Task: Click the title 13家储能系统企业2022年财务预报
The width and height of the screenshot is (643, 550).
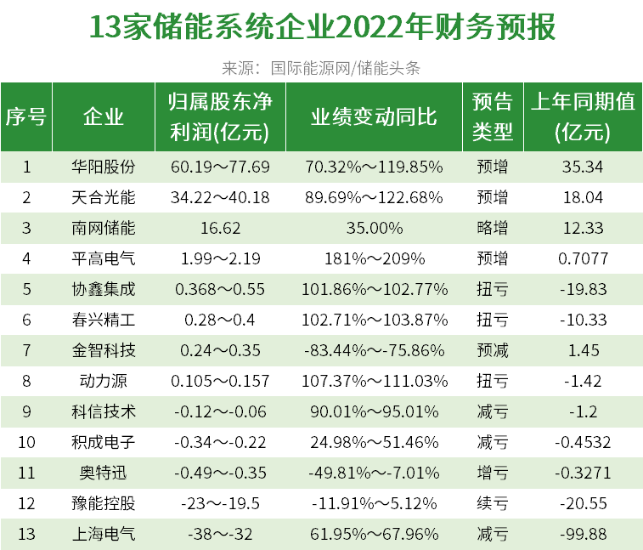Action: [321, 27]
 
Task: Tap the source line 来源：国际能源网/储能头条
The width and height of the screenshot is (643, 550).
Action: [321, 68]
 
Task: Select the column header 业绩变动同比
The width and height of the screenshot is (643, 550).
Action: [374, 117]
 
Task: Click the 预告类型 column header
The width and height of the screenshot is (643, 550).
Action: [493, 117]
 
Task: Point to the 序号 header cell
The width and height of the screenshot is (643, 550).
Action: [26, 117]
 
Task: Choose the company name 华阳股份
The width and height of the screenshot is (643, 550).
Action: [104, 167]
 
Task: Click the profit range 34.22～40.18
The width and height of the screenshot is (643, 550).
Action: [220, 197]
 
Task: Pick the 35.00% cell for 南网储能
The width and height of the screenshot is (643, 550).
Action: [374, 228]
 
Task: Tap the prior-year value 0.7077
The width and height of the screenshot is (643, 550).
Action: [583, 258]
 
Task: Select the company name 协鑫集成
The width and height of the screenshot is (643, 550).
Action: [104, 289]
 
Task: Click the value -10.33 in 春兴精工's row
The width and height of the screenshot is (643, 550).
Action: [583, 320]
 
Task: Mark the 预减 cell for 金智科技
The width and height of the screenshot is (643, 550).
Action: [493, 350]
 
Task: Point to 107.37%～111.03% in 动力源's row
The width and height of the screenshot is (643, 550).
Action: [374, 381]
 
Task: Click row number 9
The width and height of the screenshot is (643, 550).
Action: [26, 411]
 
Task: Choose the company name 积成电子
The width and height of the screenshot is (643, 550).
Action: [104, 442]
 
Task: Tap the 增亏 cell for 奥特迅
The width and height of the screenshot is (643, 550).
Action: [493, 473]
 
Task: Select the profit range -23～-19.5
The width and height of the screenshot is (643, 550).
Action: [220, 503]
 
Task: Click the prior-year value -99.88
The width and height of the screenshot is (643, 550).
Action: [583, 534]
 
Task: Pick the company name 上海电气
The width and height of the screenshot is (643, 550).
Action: [104, 534]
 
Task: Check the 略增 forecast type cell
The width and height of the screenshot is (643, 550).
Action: [493, 228]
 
